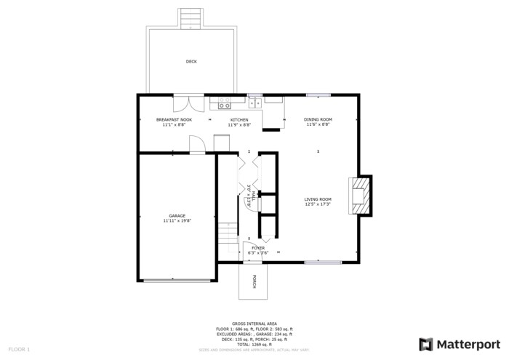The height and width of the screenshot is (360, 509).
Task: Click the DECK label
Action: click(191, 62)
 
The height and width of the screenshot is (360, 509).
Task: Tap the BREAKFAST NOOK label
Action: click(174, 119)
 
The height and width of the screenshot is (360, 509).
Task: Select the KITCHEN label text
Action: click(239, 119)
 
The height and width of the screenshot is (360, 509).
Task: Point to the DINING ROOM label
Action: click(318, 119)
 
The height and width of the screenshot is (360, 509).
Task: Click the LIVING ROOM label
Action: click(318, 199)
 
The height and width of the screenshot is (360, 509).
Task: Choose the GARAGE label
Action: click(177, 215)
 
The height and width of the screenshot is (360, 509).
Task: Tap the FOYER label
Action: click(259, 248)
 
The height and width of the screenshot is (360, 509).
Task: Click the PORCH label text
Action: click(254, 282)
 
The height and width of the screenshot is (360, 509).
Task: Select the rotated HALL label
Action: click(249, 196)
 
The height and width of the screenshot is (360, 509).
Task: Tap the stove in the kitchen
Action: click(223, 103)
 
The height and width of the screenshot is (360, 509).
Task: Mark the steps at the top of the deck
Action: click(191, 17)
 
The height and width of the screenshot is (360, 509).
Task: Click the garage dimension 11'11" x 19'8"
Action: click(177, 220)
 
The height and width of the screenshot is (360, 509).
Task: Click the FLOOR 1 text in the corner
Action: click(20, 350)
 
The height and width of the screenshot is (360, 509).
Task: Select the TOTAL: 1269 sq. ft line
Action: click(254, 344)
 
